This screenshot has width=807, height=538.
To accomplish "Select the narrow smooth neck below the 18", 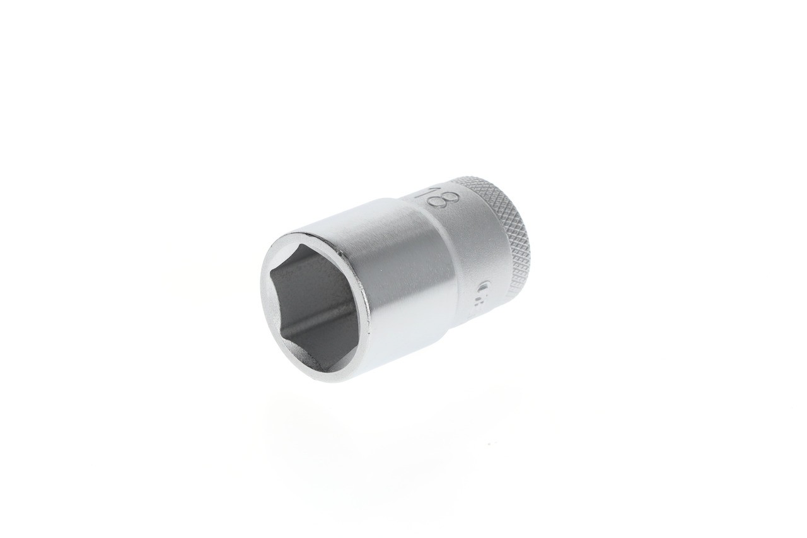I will [x=473, y=252].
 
